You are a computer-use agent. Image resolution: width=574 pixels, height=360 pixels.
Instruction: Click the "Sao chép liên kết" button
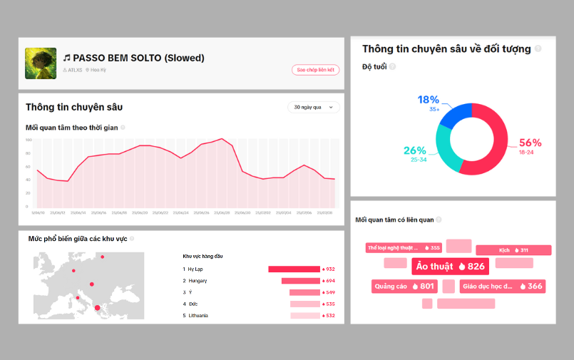315,70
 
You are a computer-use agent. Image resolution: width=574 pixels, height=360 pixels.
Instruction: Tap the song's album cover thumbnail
41,63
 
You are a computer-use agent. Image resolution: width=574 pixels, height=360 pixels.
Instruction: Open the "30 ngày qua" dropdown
313,107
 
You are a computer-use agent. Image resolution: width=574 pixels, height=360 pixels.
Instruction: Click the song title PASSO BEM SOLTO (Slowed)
138,58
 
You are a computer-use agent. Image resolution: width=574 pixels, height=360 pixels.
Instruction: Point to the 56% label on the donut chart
530,143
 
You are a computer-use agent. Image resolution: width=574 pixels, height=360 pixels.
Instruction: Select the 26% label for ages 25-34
414,150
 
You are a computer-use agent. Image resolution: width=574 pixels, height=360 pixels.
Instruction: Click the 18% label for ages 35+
428,100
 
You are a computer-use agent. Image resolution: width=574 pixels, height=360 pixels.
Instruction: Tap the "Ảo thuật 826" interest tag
450,267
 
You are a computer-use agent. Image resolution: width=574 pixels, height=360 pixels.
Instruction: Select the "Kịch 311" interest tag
513,250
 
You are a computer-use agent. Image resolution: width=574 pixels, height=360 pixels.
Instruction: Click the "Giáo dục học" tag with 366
502,287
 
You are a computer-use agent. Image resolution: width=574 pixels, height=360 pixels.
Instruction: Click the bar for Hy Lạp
294,269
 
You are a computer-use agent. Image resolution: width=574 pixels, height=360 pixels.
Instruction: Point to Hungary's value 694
329,281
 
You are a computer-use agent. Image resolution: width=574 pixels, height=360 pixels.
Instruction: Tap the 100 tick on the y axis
29,140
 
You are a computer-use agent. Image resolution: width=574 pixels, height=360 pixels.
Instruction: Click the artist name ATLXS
74,70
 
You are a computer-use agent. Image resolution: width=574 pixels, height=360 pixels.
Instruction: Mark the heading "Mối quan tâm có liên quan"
394,220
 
